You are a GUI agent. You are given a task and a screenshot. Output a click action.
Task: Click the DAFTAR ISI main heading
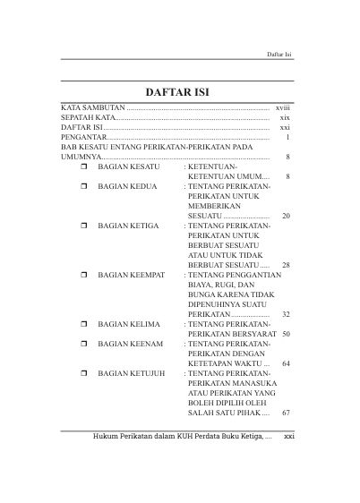tap(180, 91)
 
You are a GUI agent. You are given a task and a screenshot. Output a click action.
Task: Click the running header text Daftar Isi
tap(281, 55)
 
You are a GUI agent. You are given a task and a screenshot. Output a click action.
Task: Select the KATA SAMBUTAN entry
tap(89, 107)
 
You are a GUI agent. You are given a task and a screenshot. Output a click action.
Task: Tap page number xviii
tap(283, 107)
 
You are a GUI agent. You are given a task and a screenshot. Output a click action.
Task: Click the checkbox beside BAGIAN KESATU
tap(83, 167)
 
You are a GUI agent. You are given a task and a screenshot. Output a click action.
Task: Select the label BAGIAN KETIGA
tap(129, 228)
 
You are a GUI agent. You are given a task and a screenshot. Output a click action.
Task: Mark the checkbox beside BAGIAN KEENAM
tap(83, 341)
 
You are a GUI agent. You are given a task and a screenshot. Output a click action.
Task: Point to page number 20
tap(286, 217)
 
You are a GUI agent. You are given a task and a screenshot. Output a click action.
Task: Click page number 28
tap(286, 266)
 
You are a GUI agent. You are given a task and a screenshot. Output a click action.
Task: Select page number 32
tap(286, 315)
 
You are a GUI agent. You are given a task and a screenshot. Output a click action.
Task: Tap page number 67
tap(286, 413)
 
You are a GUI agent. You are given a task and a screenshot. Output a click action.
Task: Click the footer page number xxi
tap(289, 438)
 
